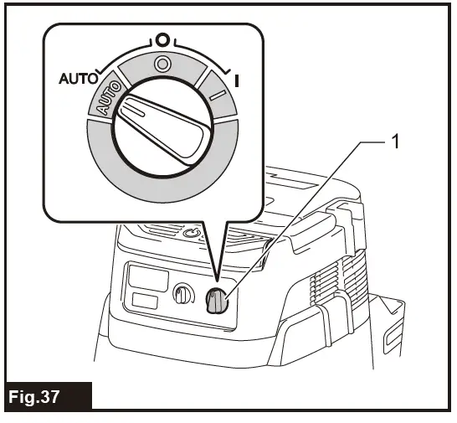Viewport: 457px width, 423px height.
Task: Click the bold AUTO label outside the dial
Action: (x=77, y=81)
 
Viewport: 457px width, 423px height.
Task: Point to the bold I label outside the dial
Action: (x=238, y=81)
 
